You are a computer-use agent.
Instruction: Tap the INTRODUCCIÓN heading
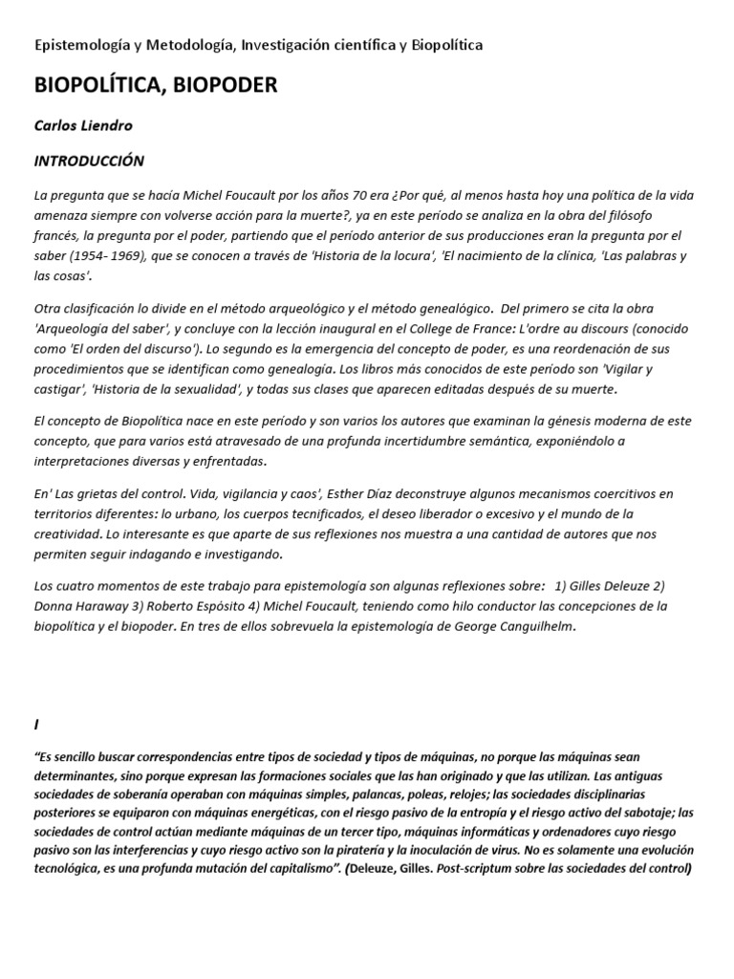click(x=89, y=161)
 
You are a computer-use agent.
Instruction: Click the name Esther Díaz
click(x=364, y=493)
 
